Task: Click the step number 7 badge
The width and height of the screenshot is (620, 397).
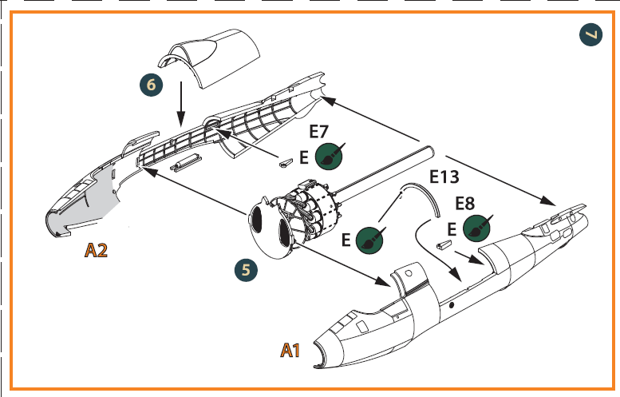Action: coord(590,34)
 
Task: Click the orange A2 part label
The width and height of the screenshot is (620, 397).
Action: coord(97,252)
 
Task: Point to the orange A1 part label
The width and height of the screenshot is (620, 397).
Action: coord(290,349)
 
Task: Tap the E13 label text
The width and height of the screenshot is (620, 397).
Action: coord(445,177)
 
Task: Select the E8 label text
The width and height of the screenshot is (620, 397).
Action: coord(467,202)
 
